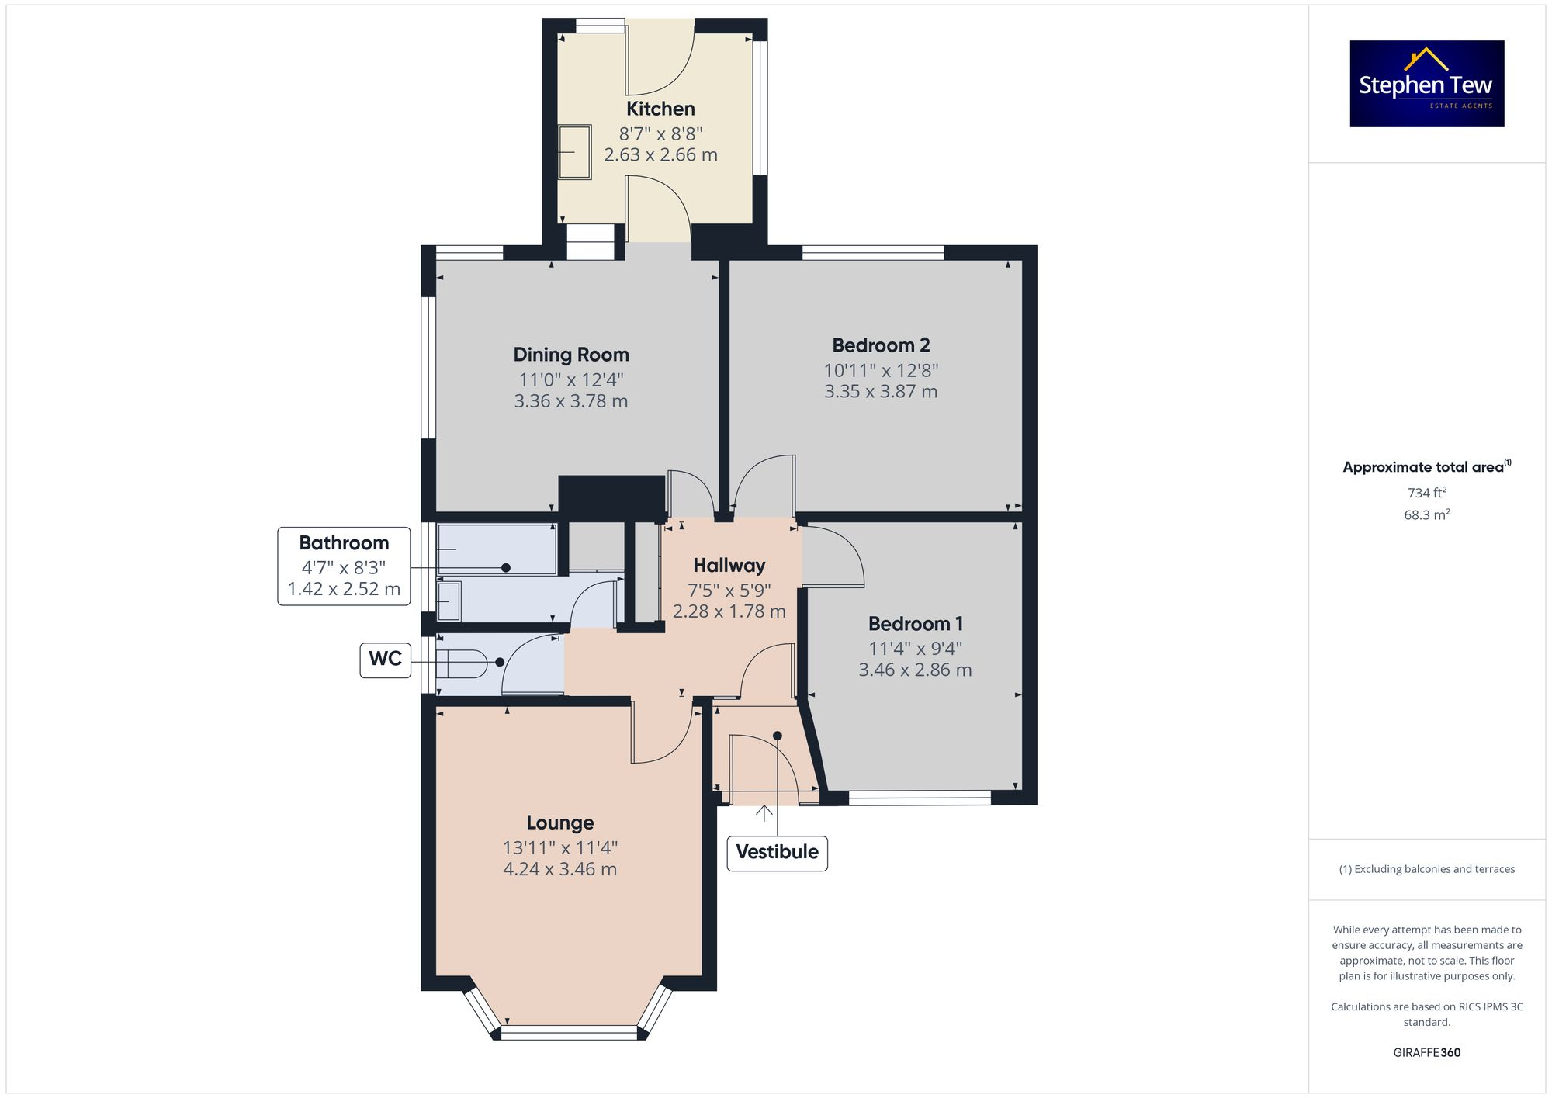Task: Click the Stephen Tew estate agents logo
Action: [x=1426, y=84]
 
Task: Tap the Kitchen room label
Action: [x=660, y=109]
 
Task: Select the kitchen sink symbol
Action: [x=575, y=152]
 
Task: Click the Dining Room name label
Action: [x=571, y=355]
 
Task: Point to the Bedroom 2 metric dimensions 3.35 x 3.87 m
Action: [x=881, y=392]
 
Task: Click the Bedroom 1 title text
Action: [x=915, y=624]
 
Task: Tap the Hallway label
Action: [x=729, y=566]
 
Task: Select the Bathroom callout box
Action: [x=344, y=566]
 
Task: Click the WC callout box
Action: [x=385, y=659]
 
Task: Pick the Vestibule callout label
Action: [x=777, y=852]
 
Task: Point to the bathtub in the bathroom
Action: [x=497, y=549]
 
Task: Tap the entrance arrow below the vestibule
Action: [x=764, y=813]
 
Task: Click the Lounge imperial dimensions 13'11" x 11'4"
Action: [x=559, y=848]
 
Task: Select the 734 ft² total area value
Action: [x=1426, y=493]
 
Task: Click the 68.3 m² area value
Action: [x=1426, y=514]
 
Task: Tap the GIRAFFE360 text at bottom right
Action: [x=1426, y=1052]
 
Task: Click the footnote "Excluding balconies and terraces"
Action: [x=1426, y=869]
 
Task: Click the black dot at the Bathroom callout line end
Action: [x=506, y=568]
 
